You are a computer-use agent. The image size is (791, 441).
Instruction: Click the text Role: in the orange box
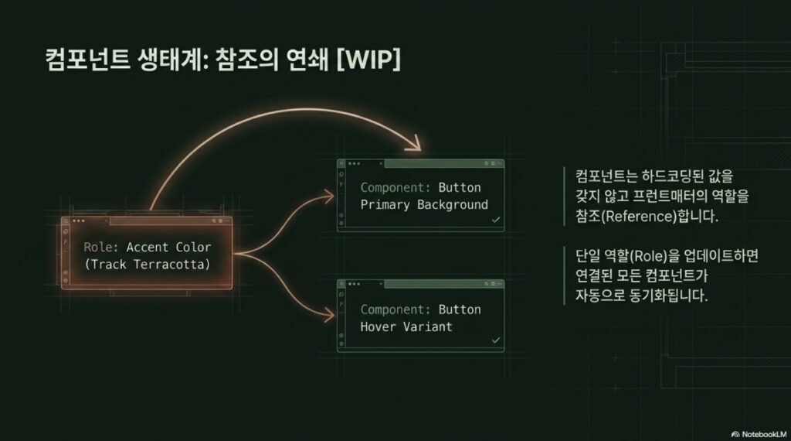101,248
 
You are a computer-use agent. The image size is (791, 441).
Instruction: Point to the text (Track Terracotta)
147,265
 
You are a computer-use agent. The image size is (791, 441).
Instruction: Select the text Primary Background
424,205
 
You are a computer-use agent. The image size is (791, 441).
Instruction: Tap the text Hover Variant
406,326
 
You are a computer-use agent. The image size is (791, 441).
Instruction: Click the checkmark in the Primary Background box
496,220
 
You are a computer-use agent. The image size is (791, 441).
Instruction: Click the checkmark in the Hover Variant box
496,340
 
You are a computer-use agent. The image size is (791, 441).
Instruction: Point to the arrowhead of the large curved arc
417,144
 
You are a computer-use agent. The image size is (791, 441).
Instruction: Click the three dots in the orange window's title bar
78,221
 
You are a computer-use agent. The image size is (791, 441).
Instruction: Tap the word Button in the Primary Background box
459,188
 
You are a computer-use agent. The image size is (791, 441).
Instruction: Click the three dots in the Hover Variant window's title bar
354,285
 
